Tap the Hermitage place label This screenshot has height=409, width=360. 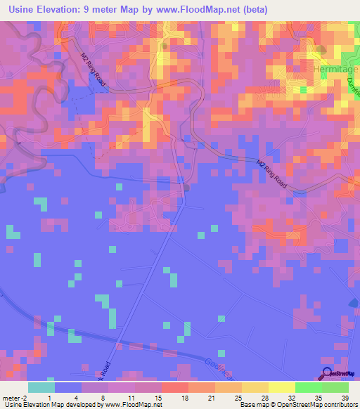335,71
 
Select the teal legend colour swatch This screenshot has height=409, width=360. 41,387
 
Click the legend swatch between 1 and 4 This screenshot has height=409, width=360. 68,387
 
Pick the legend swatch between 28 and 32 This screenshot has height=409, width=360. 282,387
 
